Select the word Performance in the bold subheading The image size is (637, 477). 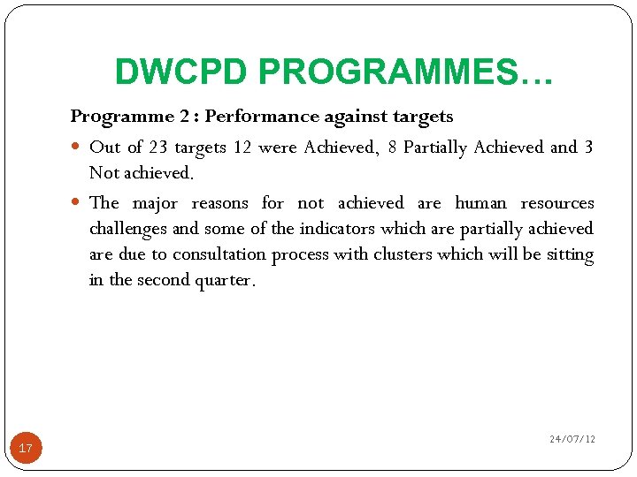pyautogui.click(x=256, y=116)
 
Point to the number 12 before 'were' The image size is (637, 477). pyautogui.click(x=242, y=147)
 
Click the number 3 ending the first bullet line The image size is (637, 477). pyautogui.click(x=588, y=147)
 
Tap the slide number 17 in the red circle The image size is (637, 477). pyautogui.click(x=26, y=449)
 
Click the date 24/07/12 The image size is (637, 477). pyautogui.click(x=572, y=439)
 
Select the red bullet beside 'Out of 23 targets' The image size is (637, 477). pyautogui.click(x=78, y=148)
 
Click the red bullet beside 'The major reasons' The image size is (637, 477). pyautogui.click(x=78, y=203)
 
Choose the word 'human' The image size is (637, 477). pyautogui.click(x=481, y=203)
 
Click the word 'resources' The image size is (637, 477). pyautogui.click(x=557, y=203)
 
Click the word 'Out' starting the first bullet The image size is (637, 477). pyautogui.click(x=104, y=147)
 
